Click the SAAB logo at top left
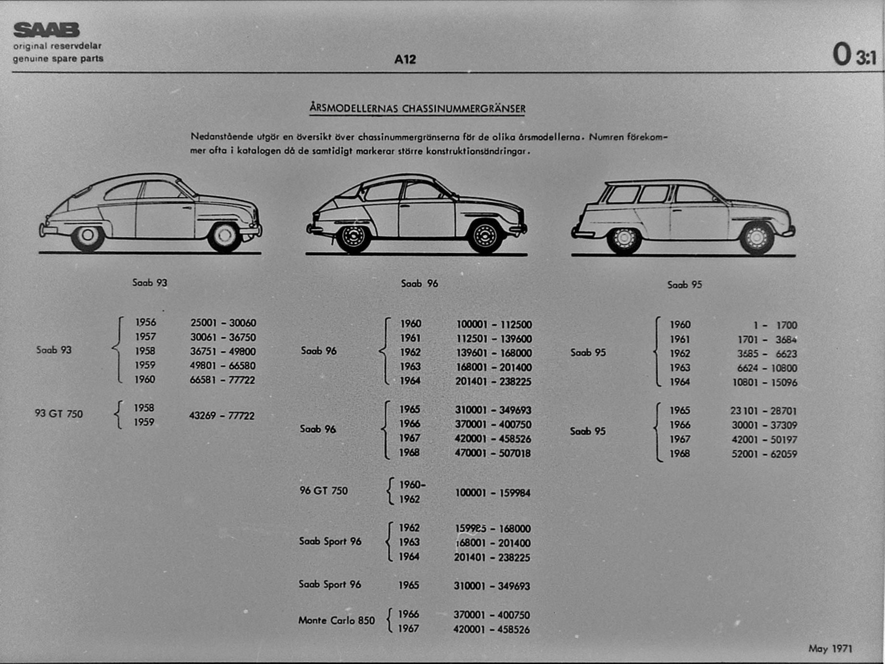coord(46,30)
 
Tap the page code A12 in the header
coord(405,60)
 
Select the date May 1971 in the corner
coord(830,649)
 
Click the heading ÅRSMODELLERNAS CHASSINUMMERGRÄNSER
coord(417,108)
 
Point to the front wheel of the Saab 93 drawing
coord(224,236)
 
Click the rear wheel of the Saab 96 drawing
coord(354,237)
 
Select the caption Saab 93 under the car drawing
coord(150,283)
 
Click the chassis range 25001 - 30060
coord(223,323)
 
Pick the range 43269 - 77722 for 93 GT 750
coord(222,416)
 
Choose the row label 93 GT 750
coord(59,414)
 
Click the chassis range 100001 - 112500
coord(494,325)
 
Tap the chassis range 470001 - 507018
coord(493,453)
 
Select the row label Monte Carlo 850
coord(336,621)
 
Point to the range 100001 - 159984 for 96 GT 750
coord(493,493)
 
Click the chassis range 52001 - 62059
coord(764,454)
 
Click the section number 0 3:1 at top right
coord(854,55)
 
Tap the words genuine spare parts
coord(58,59)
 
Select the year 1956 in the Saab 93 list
coord(145,322)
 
